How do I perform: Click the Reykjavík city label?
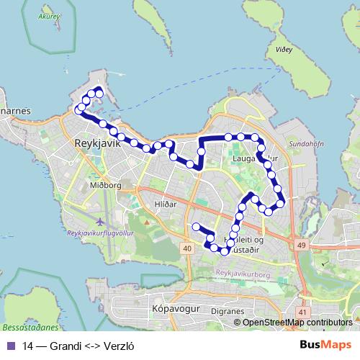coord(96,143)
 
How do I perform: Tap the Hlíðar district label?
coord(166,204)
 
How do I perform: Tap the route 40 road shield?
coord(187,248)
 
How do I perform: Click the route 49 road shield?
coord(301,246)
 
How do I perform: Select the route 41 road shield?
coord(302,312)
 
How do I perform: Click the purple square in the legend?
coord(10,346)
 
